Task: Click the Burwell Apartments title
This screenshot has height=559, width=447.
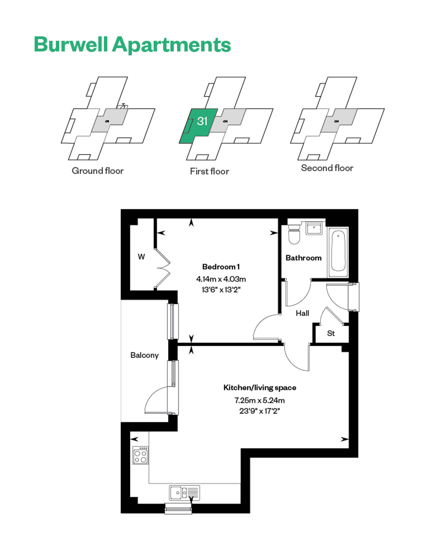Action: (132, 45)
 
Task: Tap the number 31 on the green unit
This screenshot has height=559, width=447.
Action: (202, 121)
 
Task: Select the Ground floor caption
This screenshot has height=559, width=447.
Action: (98, 171)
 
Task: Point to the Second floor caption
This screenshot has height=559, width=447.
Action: (327, 168)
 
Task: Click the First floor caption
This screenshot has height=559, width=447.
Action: (209, 171)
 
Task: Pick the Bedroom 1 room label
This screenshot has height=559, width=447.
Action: (221, 267)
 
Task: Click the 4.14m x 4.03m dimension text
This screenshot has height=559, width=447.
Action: (221, 279)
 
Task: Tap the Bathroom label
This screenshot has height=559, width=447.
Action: (303, 258)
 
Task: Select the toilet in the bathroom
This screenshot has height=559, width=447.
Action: (294, 234)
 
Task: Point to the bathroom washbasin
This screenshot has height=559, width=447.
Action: (314, 228)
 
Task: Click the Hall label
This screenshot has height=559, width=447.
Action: (302, 313)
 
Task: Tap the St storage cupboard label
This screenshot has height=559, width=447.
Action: (331, 333)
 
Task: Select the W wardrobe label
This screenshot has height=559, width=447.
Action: (141, 256)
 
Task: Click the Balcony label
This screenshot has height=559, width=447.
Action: (144, 355)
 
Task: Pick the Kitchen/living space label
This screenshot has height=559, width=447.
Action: (260, 388)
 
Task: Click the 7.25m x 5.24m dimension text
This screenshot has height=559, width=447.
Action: (260, 400)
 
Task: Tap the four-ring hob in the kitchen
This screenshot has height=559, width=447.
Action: (141, 455)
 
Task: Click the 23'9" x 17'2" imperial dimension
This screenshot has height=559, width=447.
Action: (260, 411)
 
